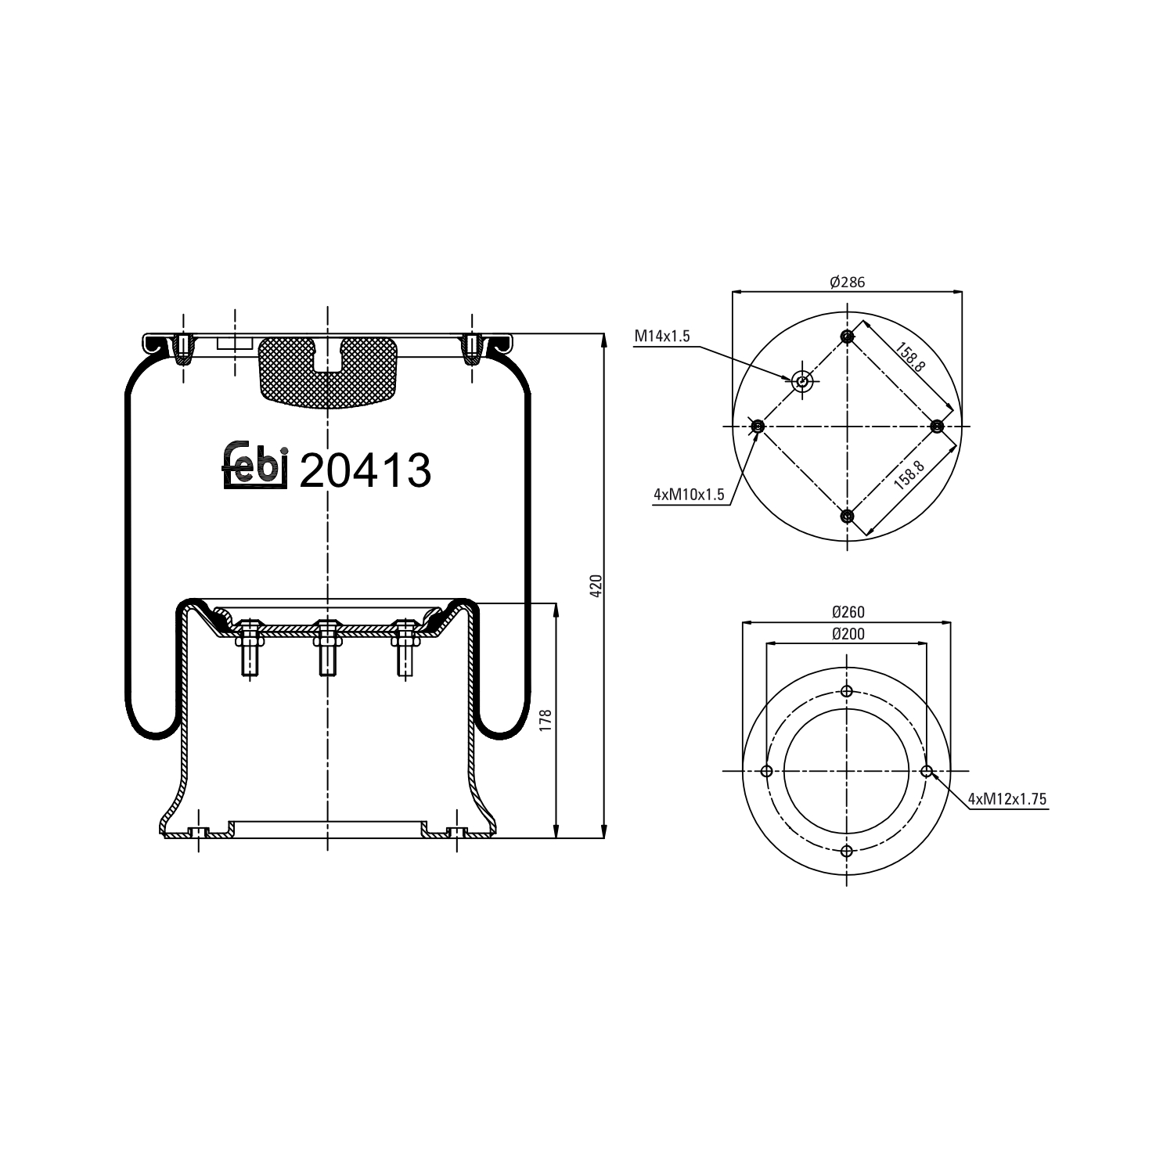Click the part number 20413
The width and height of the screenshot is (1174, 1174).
[365, 470]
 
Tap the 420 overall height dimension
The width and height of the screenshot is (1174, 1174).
[596, 585]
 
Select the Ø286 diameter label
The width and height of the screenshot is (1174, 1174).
[847, 282]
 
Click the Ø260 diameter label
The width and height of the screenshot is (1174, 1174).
[847, 612]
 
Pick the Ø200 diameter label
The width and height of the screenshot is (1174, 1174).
[847, 633]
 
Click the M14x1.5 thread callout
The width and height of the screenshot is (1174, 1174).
[661, 337]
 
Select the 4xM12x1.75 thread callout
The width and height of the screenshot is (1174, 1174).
[1007, 798]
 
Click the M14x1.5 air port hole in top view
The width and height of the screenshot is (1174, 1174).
[801, 382]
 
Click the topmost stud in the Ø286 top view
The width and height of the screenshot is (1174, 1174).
[847, 337]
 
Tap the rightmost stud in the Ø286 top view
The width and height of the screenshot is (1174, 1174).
[937, 426]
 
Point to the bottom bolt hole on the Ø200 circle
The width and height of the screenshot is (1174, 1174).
[847, 851]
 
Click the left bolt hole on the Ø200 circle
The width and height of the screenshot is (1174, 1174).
[766, 771]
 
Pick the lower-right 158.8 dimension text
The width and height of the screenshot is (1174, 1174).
[909, 475]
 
